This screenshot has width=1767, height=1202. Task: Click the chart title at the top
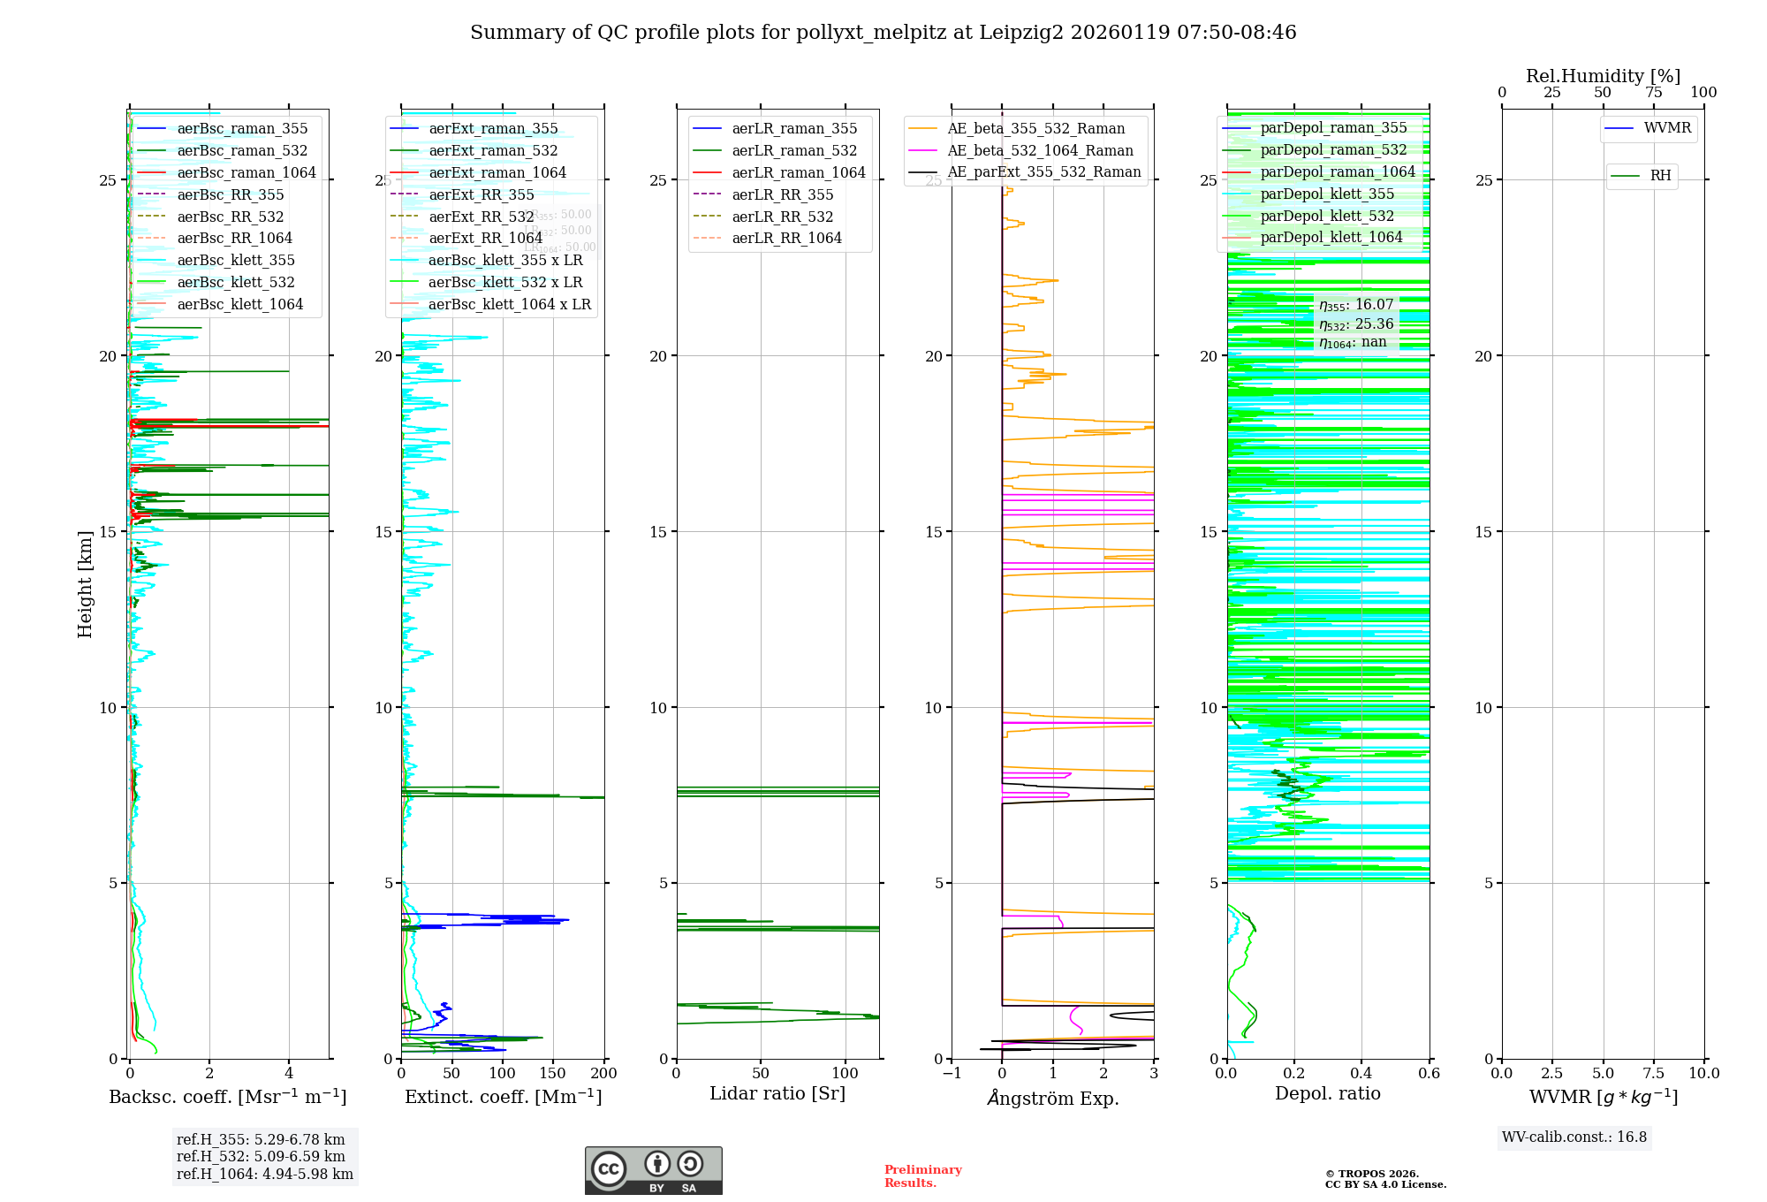tap(883, 33)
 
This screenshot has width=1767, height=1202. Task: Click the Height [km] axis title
tap(85, 584)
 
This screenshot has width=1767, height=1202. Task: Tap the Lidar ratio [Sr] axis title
tap(777, 1094)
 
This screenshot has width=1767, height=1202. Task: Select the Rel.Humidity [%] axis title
tap(1603, 76)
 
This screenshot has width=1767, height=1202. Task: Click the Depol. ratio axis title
tap(1327, 1094)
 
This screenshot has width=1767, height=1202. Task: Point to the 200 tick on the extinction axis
tap(604, 1074)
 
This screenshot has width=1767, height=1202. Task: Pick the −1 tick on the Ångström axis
tap(952, 1074)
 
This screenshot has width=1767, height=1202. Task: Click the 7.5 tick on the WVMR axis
tap(1654, 1074)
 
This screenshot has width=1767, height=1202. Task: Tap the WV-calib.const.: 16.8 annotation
tap(1574, 1137)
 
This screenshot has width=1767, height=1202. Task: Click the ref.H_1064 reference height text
tap(265, 1175)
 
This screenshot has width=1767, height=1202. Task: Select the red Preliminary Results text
tap(922, 1176)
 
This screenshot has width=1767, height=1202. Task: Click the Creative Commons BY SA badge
tap(653, 1171)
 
